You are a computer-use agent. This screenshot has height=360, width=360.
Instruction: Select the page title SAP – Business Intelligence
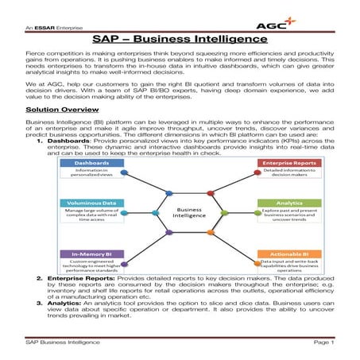pyautogui.click(x=180, y=37)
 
